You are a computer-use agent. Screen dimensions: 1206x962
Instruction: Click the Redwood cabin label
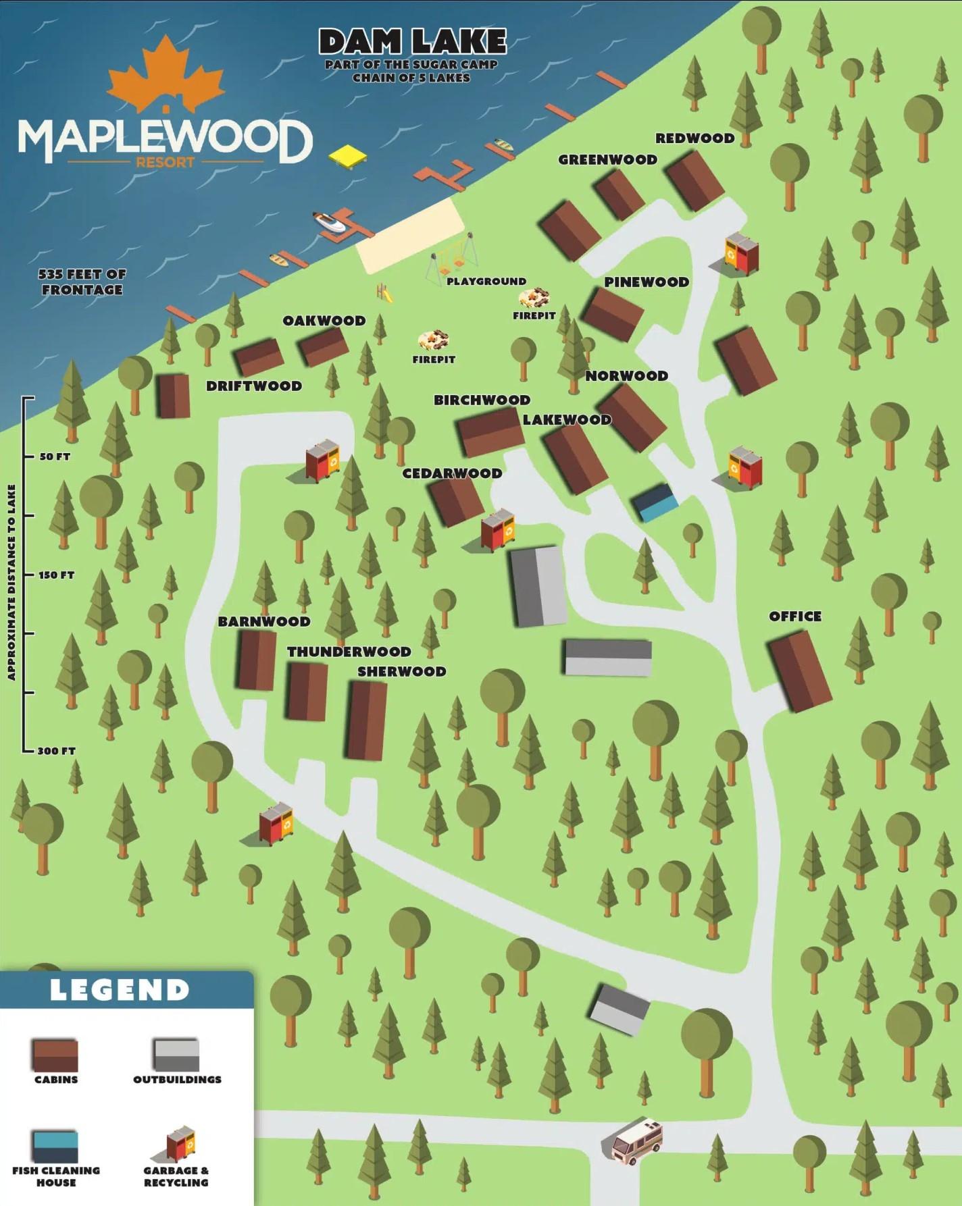pyautogui.click(x=694, y=138)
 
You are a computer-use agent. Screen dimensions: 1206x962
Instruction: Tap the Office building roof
pyautogui.click(x=800, y=671)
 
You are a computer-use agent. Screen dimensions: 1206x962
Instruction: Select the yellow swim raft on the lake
pyautogui.click(x=349, y=156)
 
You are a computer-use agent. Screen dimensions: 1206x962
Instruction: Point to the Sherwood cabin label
pyautogui.click(x=401, y=672)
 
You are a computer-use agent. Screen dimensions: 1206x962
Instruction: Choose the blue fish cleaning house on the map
pyautogui.click(x=654, y=502)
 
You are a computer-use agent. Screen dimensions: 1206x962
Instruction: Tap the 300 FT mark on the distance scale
pyautogui.click(x=56, y=751)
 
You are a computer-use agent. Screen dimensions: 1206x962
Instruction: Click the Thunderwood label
pyautogui.click(x=349, y=652)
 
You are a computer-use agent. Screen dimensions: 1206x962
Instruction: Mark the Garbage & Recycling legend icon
pyautogui.click(x=181, y=1144)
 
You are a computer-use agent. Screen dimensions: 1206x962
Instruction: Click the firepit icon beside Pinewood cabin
pyautogui.click(x=534, y=297)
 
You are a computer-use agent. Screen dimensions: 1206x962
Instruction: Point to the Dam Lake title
pyautogui.click(x=412, y=43)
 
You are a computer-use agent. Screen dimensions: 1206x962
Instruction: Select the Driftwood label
pyautogui.click(x=254, y=386)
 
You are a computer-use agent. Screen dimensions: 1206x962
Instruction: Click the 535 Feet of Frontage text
pyautogui.click(x=82, y=282)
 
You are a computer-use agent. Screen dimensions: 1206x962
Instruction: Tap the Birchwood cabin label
pyautogui.click(x=482, y=400)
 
